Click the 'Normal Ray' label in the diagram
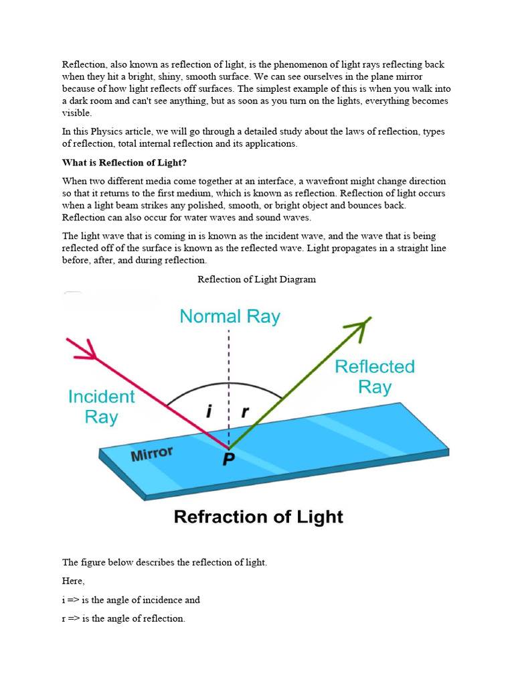230,316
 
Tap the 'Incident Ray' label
101,407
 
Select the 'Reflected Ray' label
374,376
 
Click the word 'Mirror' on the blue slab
152,454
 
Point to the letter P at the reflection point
228,461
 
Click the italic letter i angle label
209,413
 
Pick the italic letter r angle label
245,413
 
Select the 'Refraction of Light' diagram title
258,517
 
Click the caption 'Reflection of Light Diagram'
256,279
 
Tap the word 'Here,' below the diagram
74,581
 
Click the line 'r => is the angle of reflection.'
123,618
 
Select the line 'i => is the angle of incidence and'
131,600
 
